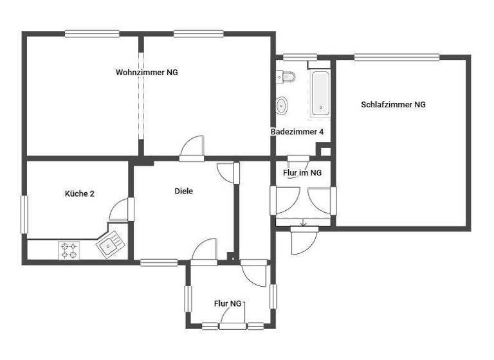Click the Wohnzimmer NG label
[x=147, y=73]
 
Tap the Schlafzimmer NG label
[x=393, y=104]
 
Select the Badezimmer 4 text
[x=297, y=132]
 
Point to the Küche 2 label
[x=80, y=194]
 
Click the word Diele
[x=184, y=191]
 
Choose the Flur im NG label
[x=302, y=173]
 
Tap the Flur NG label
[x=228, y=303]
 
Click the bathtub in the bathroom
[x=320, y=93]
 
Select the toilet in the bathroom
[x=287, y=77]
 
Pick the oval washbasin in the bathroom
[x=282, y=104]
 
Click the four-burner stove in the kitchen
[x=68, y=249]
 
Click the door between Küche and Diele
[x=122, y=210]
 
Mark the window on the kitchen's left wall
[x=24, y=213]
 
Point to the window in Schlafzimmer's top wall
[x=396, y=57]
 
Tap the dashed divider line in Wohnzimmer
[x=141, y=96]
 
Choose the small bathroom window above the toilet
[x=295, y=57]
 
